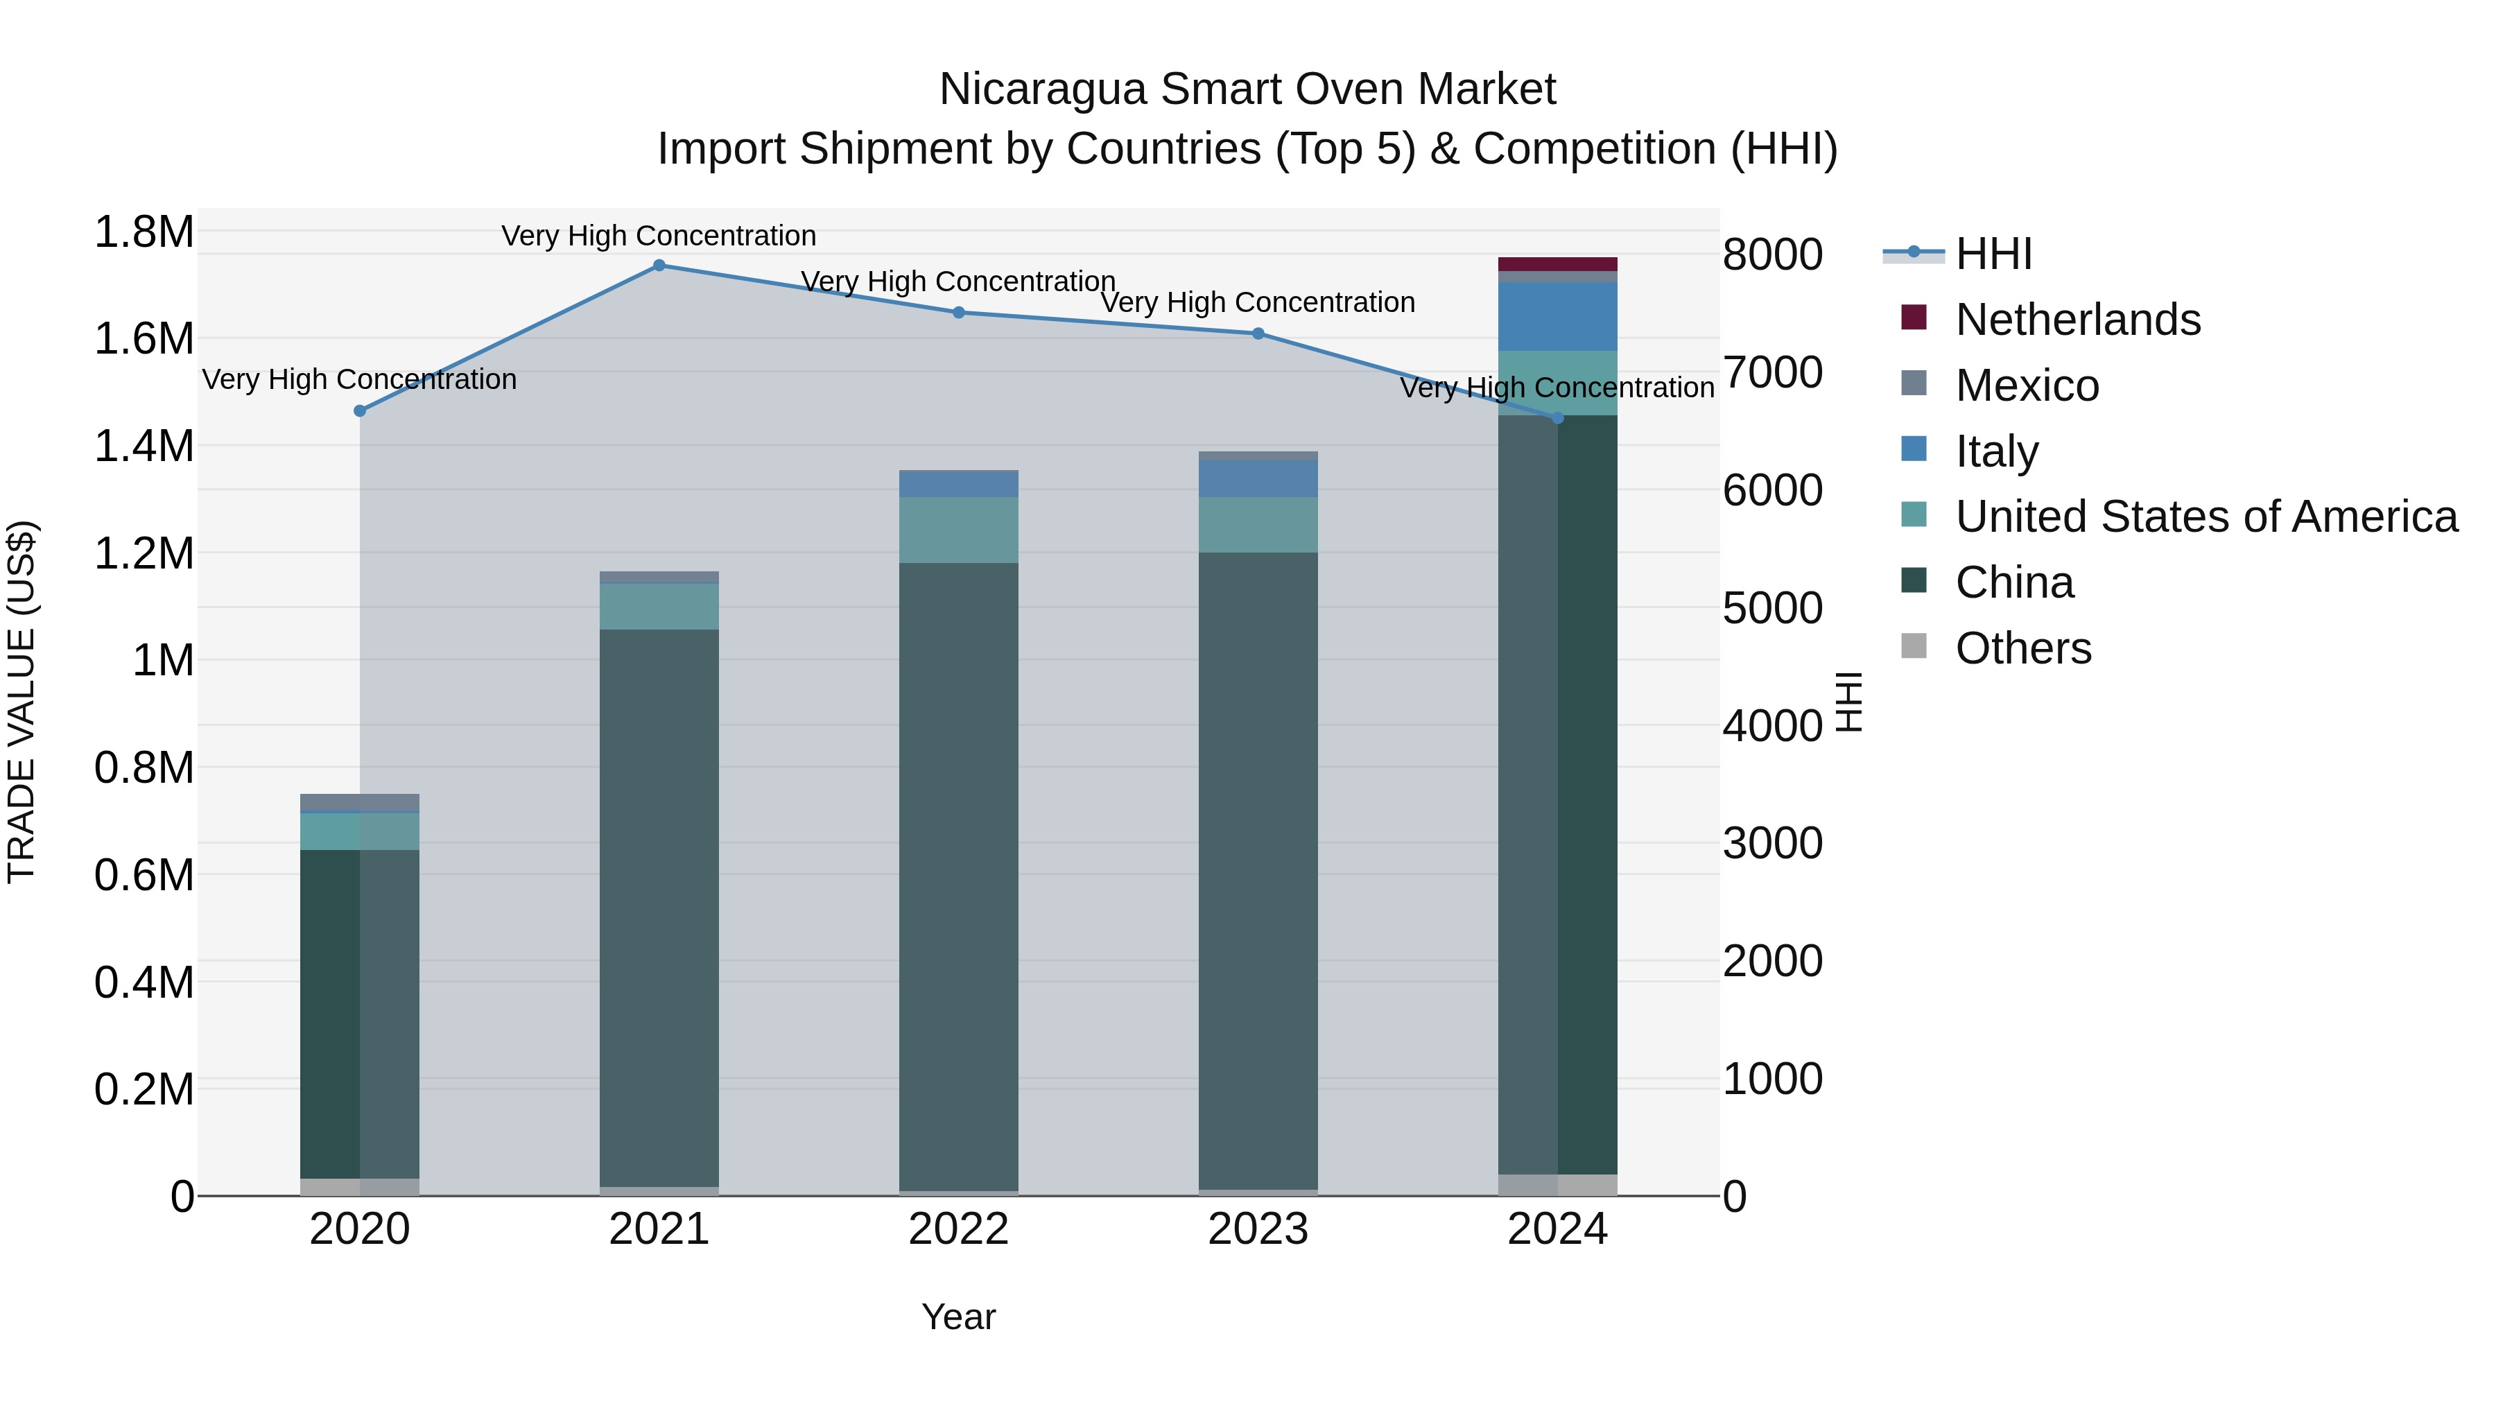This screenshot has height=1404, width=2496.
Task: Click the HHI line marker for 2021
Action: pyautogui.click(x=659, y=266)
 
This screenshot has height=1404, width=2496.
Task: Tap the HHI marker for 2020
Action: pyautogui.click(x=359, y=411)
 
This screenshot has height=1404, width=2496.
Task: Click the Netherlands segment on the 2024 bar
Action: pyautogui.click(x=1557, y=265)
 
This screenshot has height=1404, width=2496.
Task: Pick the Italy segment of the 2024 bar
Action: pyautogui.click(x=1557, y=317)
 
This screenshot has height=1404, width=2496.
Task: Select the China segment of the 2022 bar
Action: pyautogui.click(x=958, y=872)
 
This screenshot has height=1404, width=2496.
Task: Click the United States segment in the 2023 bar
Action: pyautogui.click(x=1258, y=525)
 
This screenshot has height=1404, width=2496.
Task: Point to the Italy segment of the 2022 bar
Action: pyautogui.click(x=958, y=483)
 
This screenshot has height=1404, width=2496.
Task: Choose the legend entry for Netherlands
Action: pyautogui.click(x=2077, y=320)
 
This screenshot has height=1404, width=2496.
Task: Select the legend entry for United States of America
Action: pyautogui.click(x=2205, y=517)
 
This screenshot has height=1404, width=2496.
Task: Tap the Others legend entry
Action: pyautogui.click(x=2022, y=648)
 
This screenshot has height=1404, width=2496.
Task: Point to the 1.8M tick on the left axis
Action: pyautogui.click(x=144, y=232)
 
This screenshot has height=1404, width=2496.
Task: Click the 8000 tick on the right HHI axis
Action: pyautogui.click(x=1772, y=255)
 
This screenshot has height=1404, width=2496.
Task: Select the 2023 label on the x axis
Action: pyautogui.click(x=1258, y=1229)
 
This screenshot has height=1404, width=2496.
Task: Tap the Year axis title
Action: pyautogui.click(x=958, y=1317)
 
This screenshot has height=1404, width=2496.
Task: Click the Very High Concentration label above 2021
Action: pyautogui.click(x=659, y=236)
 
